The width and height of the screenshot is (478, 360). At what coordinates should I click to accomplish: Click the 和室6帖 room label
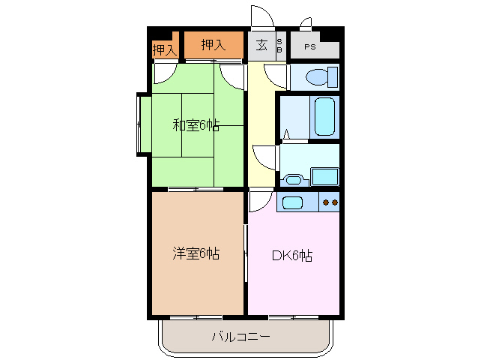tap(196, 125)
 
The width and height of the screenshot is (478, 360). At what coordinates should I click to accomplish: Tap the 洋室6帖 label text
tap(196, 253)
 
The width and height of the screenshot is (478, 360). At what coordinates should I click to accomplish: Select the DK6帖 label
tap(292, 255)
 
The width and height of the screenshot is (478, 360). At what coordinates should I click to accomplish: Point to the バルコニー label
tap(240, 337)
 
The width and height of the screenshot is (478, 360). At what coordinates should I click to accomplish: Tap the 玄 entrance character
tap(261, 45)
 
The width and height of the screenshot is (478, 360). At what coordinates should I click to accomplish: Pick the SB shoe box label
tap(280, 45)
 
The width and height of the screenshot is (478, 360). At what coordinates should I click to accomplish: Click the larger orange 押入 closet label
tap(213, 45)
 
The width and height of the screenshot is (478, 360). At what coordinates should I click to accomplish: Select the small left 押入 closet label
tap(164, 50)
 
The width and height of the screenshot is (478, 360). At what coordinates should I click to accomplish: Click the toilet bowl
tap(319, 76)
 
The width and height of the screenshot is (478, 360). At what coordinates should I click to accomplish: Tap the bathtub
tap(324, 116)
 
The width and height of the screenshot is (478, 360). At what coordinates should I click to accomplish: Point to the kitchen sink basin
tap(291, 202)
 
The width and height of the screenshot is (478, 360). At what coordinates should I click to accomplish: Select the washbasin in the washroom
tap(293, 179)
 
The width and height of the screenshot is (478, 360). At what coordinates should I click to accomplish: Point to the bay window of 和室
tap(142, 124)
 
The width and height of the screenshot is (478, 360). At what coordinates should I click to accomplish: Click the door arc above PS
tap(306, 22)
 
